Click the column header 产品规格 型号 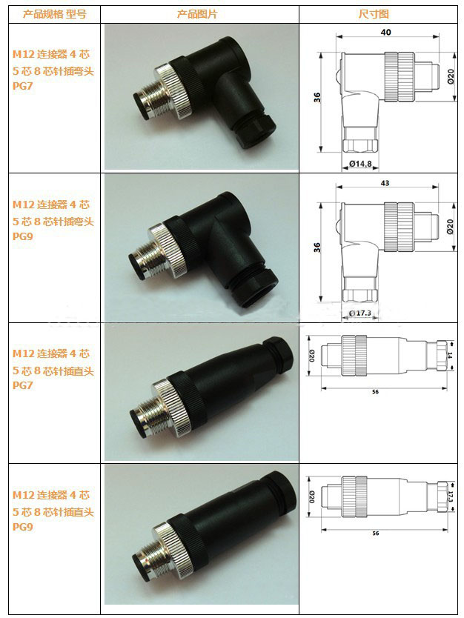point(54,15)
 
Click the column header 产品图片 point(197,15)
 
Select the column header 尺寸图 point(374,14)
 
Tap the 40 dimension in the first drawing point(386,32)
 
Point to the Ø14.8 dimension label point(360,163)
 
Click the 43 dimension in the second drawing point(385,183)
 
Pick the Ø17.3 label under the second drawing point(360,313)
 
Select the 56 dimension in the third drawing point(375,392)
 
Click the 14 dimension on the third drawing point(450,355)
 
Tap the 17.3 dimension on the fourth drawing point(451,497)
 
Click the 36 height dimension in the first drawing point(317,97)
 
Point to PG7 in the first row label point(22,86)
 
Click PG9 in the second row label point(22,236)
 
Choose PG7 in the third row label point(22,385)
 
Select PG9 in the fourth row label point(22,527)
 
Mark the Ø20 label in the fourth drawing point(312,496)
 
